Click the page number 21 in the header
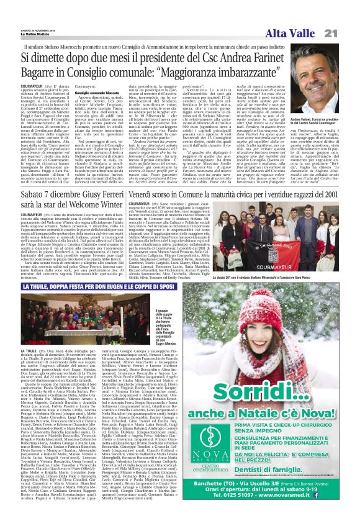(x=346, y=33)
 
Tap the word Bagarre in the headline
(x=45, y=76)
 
